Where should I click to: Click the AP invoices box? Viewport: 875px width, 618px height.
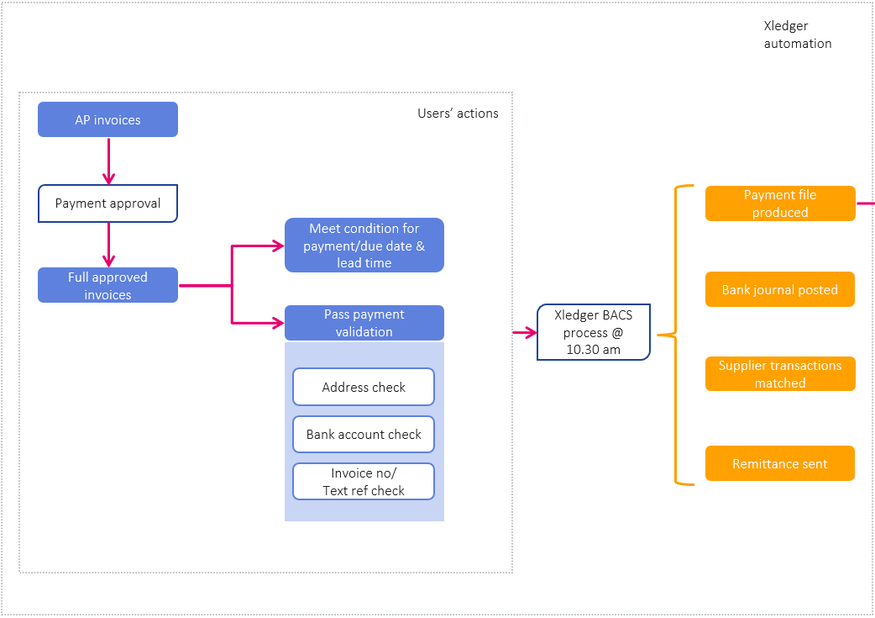(x=107, y=119)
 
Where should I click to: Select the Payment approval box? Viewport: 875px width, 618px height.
(x=107, y=203)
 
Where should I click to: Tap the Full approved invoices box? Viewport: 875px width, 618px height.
(x=107, y=286)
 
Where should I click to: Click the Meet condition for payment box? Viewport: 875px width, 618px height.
(x=364, y=246)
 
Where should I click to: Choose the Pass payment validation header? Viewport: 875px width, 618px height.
(x=364, y=323)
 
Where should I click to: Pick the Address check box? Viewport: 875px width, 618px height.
(x=364, y=388)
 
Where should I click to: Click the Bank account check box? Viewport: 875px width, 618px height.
(x=364, y=435)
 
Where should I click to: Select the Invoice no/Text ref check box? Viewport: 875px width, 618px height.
(x=364, y=482)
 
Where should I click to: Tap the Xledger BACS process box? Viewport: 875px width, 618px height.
(x=593, y=332)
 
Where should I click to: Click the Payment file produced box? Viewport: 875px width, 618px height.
(x=779, y=203)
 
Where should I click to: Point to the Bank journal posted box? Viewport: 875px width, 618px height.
(x=779, y=289)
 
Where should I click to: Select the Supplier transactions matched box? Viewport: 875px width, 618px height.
(x=779, y=374)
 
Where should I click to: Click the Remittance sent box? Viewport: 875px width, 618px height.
(x=779, y=463)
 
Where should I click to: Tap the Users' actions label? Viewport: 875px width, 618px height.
(x=458, y=114)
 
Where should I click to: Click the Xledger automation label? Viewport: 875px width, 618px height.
(x=797, y=34)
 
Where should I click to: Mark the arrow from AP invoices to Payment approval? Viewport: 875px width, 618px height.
(x=108, y=161)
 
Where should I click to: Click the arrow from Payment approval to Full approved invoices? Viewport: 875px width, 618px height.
(x=108, y=245)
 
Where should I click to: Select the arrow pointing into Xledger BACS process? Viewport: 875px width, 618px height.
(x=524, y=333)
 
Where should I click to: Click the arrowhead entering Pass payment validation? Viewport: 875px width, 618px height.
(x=278, y=323)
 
